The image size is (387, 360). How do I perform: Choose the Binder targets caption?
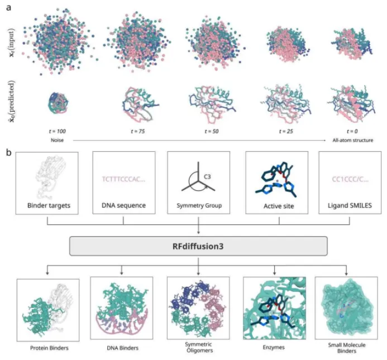tap(47, 205)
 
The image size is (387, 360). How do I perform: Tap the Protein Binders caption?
tap(47, 349)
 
